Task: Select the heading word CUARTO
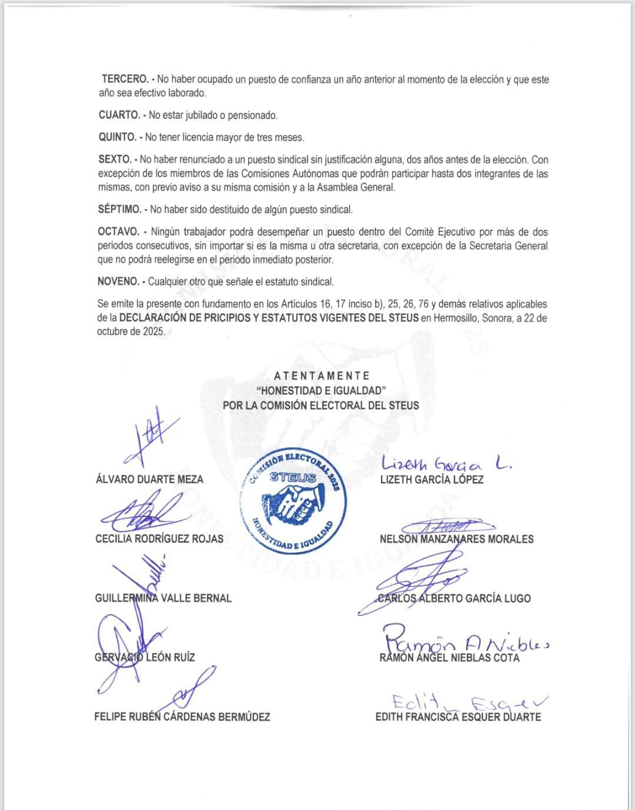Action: tap(119, 115)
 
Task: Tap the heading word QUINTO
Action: tap(117, 138)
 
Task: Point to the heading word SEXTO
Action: tap(115, 160)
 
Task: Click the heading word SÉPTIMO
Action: tap(120, 209)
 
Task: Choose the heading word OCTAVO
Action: tap(119, 232)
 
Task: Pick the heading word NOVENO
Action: tap(118, 282)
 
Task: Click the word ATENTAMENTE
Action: tap(322, 376)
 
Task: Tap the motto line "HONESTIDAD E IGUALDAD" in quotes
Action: tap(321, 390)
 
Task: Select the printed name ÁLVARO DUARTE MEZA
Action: tap(149, 480)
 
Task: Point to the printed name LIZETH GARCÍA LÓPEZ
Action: tap(432, 480)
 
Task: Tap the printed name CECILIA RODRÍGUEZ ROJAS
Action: tap(159, 539)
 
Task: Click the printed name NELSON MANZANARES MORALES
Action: tap(457, 539)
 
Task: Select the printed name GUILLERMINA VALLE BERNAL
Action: tap(163, 598)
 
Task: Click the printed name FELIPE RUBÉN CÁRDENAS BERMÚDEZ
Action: tap(182, 717)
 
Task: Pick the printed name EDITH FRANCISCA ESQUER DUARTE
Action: tap(458, 717)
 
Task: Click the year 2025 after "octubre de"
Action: tap(152, 332)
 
